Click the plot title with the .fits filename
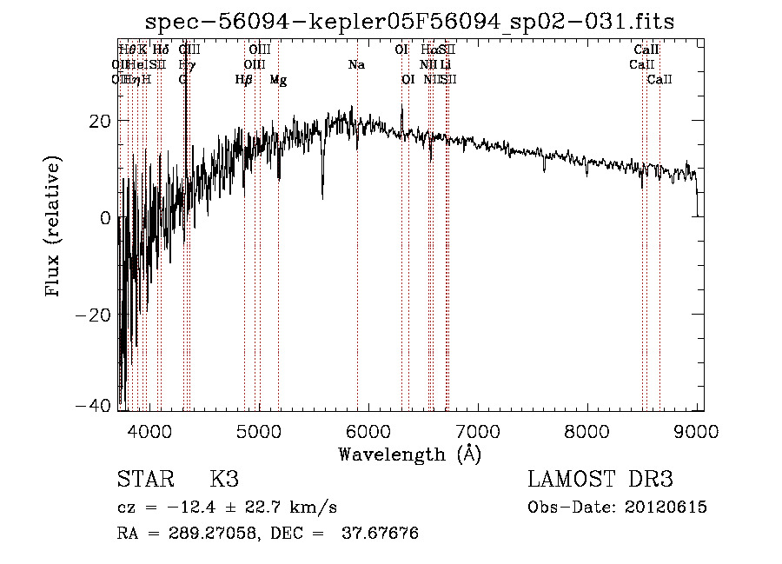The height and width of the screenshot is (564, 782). click(x=409, y=21)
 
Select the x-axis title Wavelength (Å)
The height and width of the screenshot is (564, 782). click(x=409, y=454)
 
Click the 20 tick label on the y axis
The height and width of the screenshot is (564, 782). click(x=99, y=121)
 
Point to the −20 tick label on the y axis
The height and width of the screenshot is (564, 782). click(x=94, y=315)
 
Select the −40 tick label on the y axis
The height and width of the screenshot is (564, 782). click(x=94, y=405)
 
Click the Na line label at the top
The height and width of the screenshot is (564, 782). click(x=356, y=65)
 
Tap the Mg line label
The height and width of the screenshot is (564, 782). click(x=278, y=80)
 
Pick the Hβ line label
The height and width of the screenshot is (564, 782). click(x=243, y=80)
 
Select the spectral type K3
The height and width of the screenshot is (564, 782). click(x=223, y=480)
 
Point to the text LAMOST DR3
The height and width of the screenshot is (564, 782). click(x=600, y=480)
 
